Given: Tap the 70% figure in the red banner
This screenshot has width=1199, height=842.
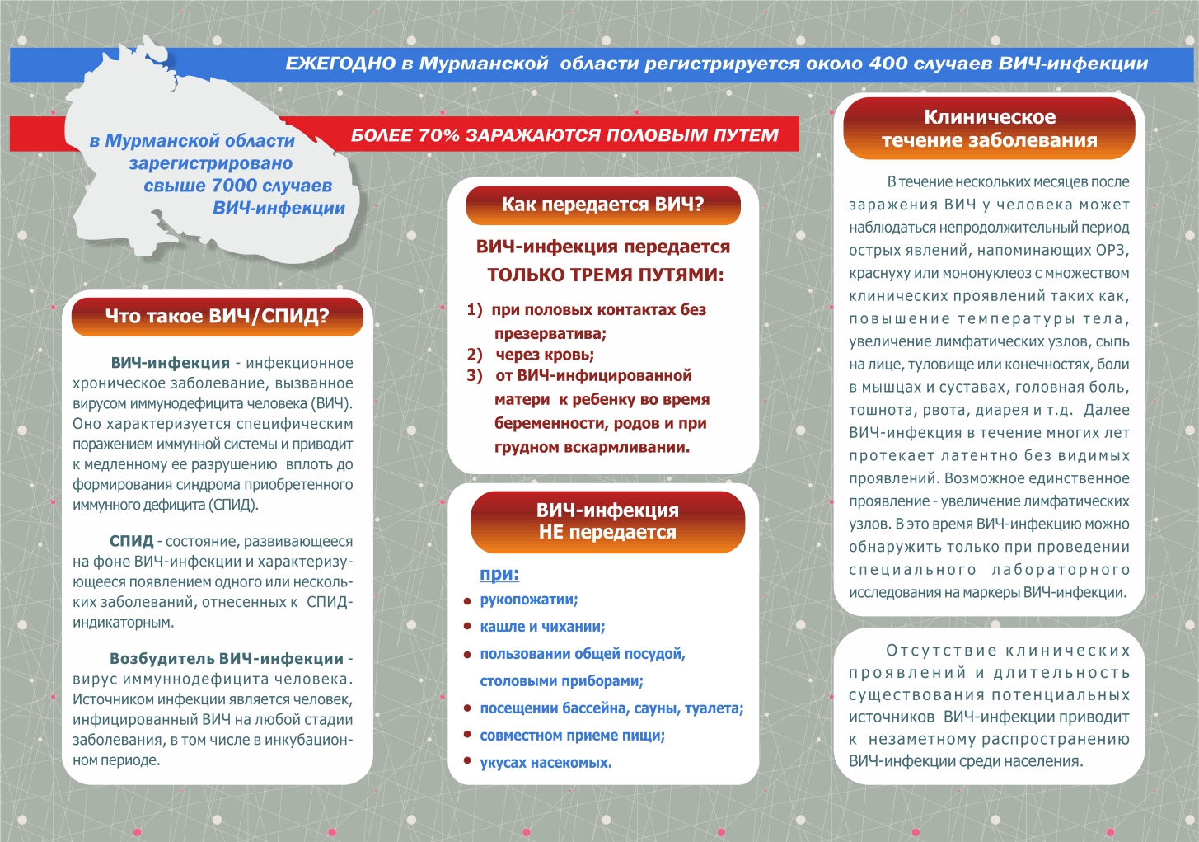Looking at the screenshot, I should (438, 135).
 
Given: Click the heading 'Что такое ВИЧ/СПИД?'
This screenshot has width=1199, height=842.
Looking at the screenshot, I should (217, 316).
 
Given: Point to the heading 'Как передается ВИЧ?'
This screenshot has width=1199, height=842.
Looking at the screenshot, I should (602, 205).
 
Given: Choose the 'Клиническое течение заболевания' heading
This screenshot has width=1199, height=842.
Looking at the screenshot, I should (989, 129).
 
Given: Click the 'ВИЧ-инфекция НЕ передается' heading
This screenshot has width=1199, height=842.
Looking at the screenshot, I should (607, 521).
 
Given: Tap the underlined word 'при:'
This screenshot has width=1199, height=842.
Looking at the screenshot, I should (499, 574).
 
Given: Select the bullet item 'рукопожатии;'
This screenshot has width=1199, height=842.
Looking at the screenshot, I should (529, 600).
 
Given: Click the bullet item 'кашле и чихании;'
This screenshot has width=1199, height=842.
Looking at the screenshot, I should (542, 627).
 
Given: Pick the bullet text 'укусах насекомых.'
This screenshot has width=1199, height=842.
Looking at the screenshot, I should (546, 763).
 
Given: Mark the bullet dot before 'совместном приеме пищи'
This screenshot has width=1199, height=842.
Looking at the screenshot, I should (467, 736).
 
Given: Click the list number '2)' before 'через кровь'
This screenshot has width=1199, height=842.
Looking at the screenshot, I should (475, 355).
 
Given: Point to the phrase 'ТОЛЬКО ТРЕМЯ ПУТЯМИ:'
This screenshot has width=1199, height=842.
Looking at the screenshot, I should (605, 275).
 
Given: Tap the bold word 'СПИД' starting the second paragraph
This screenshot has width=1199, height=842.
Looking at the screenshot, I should (132, 542).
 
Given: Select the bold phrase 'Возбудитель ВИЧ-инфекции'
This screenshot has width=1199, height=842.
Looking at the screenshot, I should (227, 659).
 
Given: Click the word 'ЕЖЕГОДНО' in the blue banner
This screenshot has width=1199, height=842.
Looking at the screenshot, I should (340, 64).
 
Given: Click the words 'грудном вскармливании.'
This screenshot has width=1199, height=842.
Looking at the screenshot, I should (592, 447).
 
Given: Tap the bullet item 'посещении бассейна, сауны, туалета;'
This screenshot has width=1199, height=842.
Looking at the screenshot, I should (611, 708).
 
